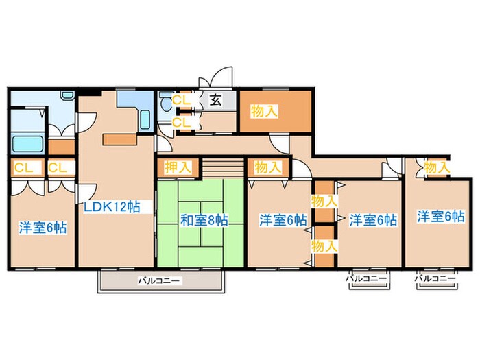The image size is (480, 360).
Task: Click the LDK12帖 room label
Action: coord(113,206)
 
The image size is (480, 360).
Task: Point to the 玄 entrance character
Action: coord(215,101)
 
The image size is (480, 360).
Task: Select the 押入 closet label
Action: coord(178,167)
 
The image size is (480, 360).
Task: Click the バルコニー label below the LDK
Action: coord(159,280)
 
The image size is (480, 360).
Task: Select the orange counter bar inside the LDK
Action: coord(120,139)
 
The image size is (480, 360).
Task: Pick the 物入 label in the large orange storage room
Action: coord(265,110)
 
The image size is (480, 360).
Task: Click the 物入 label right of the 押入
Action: coord(267,167)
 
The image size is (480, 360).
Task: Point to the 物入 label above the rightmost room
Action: coord(437,166)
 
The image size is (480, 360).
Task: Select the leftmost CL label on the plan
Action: coord(23,167)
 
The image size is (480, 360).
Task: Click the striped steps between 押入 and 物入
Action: coord(223,167)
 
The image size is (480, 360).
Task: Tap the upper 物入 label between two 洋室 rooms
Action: coord(324,201)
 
